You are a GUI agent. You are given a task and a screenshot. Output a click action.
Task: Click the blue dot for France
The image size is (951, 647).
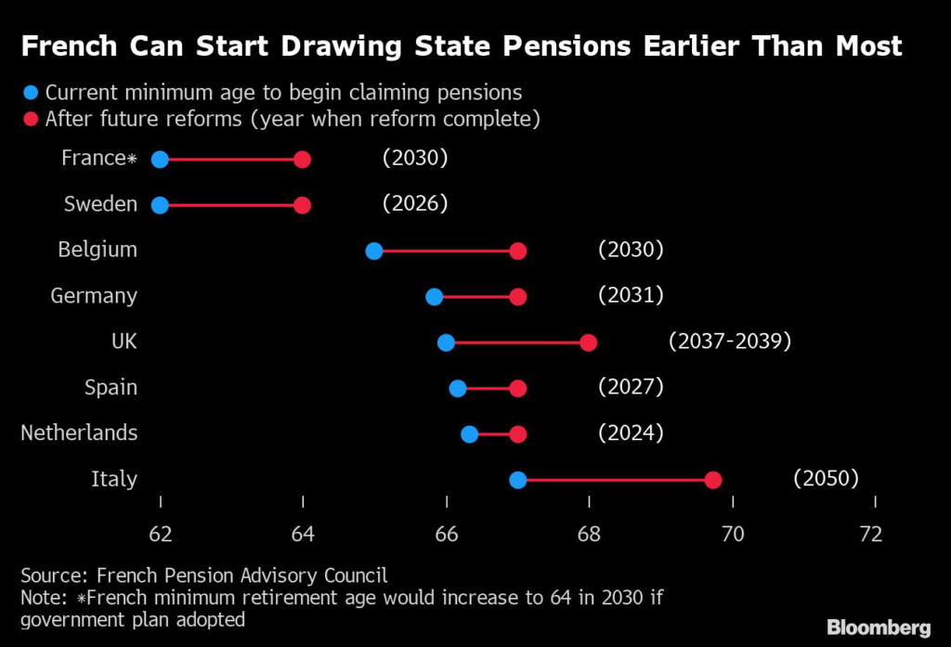(160, 160)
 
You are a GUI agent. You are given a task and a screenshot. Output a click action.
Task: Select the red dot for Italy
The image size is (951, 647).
(713, 480)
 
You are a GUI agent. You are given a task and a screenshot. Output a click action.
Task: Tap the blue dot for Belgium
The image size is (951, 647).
(374, 251)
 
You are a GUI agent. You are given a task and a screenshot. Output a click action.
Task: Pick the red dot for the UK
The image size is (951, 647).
(588, 343)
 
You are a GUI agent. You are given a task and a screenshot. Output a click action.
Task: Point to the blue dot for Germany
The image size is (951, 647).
(434, 297)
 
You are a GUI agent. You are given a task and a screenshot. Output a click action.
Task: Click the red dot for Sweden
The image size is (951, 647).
(302, 205)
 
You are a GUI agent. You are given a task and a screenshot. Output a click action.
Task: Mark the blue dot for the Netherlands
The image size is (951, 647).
(470, 433)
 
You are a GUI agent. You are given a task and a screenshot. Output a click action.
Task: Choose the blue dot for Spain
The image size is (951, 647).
(458, 388)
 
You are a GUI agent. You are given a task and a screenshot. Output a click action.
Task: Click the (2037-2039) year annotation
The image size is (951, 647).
(729, 341)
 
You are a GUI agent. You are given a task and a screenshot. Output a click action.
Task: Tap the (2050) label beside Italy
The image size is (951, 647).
(826, 478)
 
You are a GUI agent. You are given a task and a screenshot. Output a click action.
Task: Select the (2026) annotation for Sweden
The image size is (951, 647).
(415, 203)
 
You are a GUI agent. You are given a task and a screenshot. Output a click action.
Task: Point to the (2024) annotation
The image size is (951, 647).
(631, 432)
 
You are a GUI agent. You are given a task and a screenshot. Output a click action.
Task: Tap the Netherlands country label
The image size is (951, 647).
(79, 433)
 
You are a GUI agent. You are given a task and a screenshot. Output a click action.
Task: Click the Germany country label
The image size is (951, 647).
(93, 296)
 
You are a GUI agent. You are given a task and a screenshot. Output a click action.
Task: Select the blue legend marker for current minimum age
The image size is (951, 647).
(32, 93)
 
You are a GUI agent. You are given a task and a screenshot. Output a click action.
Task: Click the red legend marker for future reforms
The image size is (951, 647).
(32, 119)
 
